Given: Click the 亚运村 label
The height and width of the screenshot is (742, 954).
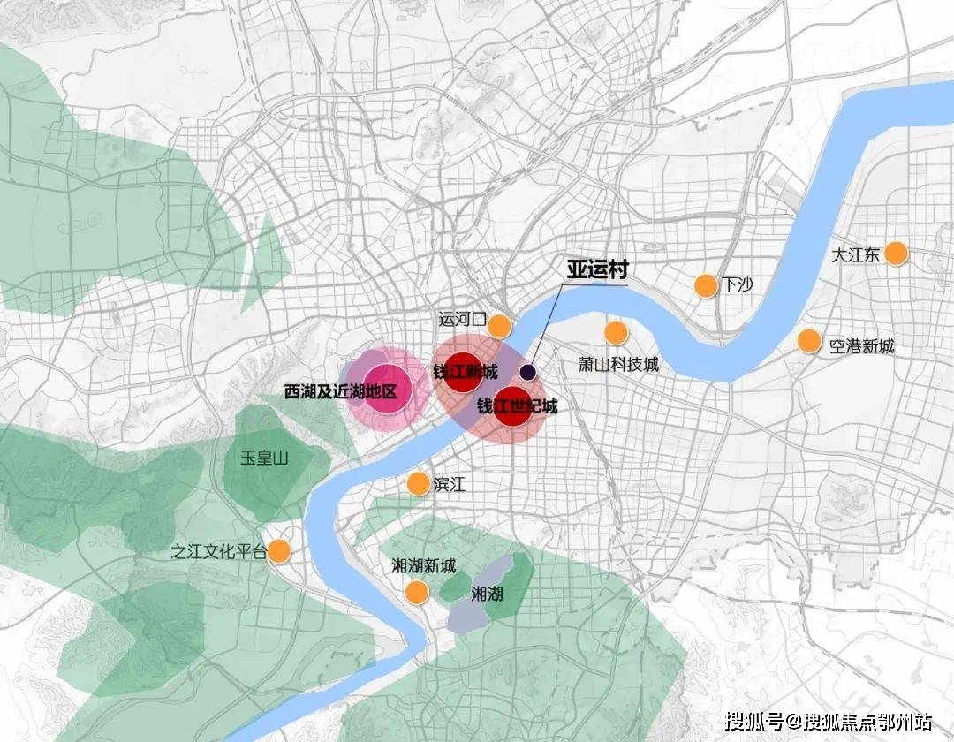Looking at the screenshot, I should [x=597, y=269].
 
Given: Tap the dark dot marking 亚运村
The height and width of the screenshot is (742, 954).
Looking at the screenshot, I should [x=528, y=373].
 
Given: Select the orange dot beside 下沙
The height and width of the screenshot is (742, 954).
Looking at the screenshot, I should [x=706, y=285].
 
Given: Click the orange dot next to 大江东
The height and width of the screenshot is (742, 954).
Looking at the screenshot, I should [x=896, y=254].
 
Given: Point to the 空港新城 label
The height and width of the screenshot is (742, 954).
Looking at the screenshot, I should [x=861, y=346].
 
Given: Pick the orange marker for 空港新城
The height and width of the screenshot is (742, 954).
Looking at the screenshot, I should [x=809, y=341].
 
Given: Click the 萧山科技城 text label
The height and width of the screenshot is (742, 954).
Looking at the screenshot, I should [x=618, y=364].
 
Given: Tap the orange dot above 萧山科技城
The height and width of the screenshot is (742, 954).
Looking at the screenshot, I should [x=616, y=333].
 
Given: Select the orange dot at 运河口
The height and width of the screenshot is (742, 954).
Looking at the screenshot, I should [x=499, y=326].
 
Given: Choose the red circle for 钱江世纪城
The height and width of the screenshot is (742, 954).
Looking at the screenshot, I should [x=513, y=407].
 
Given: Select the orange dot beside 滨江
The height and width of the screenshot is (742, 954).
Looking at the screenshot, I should [x=418, y=483].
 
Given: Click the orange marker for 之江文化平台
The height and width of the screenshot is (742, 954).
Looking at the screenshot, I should [x=279, y=551].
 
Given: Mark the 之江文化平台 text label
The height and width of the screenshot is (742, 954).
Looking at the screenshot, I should [x=218, y=552].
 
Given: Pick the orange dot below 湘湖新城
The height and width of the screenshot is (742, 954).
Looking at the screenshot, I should [x=416, y=593].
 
